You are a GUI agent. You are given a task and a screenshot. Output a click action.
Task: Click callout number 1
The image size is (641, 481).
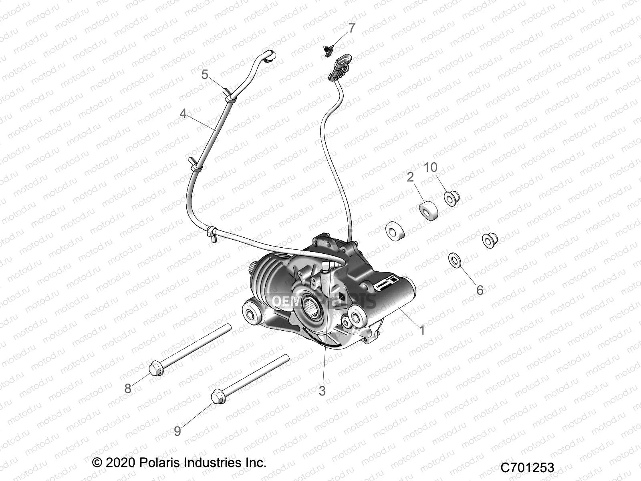pyautogui.click(x=422, y=330)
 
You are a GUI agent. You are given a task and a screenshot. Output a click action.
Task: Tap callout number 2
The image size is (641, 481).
pyautogui.click(x=410, y=177)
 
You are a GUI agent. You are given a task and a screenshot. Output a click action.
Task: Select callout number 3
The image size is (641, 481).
pyautogui.click(x=322, y=391)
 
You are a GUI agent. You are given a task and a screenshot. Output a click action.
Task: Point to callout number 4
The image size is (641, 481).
pyautogui.click(x=183, y=114)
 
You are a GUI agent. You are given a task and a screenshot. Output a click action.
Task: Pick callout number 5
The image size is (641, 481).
pyautogui.click(x=205, y=75)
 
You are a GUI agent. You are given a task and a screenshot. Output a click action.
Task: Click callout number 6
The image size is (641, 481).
pyautogui.click(x=480, y=290)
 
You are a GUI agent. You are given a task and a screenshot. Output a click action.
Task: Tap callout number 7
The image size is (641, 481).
pyautogui.click(x=351, y=28)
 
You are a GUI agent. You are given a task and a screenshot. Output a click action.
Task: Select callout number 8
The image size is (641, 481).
pyautogui.click(x=128, y=388)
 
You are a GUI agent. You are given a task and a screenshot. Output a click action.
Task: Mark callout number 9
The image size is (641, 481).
pyautogui.click(x=177, y=431)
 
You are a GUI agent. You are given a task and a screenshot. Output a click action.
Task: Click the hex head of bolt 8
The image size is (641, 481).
pyautogui.click(x=155, y=368)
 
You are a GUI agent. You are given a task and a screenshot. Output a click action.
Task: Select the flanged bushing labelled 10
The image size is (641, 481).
pyautogui.click(x=452, y=198)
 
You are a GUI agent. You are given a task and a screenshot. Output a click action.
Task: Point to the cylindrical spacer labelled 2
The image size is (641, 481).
pyautogui.click(x=428, y=211)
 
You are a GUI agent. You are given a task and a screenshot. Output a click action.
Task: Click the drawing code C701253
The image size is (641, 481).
pyautogui.click(x=527, y=467)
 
